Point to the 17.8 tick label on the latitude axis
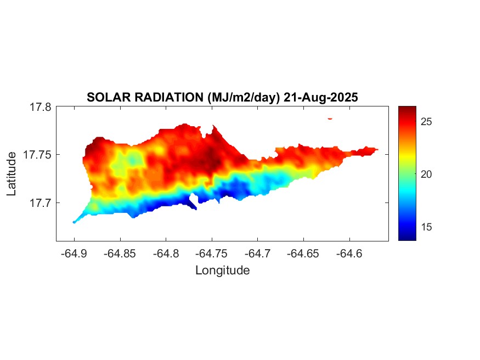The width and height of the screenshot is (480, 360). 41,107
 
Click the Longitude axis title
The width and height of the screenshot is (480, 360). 223,270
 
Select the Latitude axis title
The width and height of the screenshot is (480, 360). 12,174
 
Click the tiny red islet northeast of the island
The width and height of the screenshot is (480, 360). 330,118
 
